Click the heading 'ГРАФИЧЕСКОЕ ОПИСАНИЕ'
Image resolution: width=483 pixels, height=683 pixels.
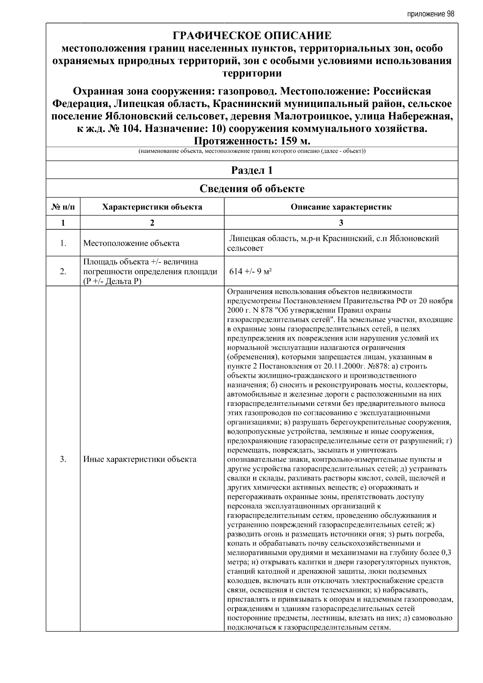[252, 36]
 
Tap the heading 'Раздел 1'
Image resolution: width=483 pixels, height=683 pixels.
[252, 170]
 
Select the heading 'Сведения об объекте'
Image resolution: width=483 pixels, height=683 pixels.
[252, 189]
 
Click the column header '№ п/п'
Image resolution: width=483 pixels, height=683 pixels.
[63, 207]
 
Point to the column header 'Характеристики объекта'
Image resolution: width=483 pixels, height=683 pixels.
[152, 207]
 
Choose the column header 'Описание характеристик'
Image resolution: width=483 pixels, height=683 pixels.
[341, 207]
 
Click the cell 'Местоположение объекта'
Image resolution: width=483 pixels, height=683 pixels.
[131, 243]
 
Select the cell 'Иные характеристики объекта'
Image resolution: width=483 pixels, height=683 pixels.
[140, 459]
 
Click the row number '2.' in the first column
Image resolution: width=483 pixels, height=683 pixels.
[63, 272]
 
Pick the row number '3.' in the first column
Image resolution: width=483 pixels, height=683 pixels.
[63, 459]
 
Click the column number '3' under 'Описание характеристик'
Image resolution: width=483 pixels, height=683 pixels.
[341, 223]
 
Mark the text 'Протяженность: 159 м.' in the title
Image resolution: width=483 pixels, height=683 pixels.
[252, 142]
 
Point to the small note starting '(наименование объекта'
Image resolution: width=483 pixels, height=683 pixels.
[252, 152]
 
